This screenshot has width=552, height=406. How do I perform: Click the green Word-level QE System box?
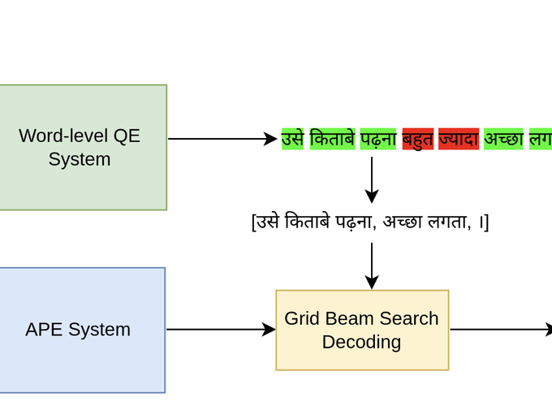(81, 147)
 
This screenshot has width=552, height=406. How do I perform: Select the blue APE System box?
(81, 330)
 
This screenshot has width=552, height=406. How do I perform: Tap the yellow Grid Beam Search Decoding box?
(362, 330)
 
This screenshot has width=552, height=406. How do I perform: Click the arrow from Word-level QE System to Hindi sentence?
(222, 139)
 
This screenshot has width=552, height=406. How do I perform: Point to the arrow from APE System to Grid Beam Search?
(221, 330)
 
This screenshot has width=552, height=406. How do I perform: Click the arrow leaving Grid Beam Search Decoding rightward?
(500, 330)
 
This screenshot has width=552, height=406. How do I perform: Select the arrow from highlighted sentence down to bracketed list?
(372, 179)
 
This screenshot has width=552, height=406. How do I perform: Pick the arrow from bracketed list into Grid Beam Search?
(372, 266)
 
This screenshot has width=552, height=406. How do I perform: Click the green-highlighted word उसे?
(292, 139)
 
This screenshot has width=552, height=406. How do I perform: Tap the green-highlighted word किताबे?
(332, 139)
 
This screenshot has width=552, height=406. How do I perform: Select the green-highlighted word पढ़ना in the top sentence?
(378, 139)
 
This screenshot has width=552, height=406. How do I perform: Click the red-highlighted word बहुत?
(418, 139)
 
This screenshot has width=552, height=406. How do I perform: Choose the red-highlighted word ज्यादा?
(459, 139)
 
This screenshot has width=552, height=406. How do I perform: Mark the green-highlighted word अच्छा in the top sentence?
(503, 139)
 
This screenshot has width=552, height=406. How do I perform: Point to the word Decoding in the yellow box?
(361, 342)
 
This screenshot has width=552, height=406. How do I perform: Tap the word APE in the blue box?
(43, 330)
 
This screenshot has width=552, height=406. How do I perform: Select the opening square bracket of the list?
(254, 222)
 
